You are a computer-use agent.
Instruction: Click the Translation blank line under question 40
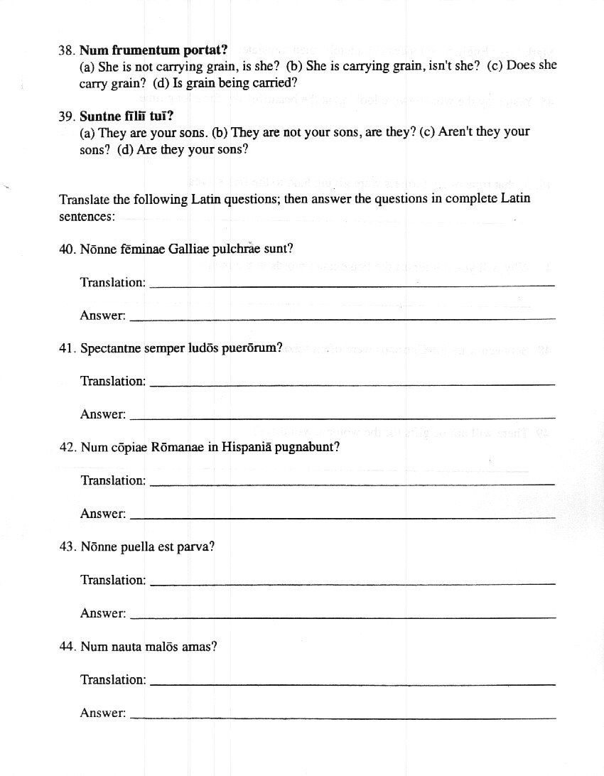click(353, 286)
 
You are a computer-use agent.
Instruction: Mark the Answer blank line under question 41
click(344, 418)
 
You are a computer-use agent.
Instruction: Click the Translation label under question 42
click(112, 480)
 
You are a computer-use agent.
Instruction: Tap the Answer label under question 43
click(103, 613)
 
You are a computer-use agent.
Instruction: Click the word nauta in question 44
click(125, 647)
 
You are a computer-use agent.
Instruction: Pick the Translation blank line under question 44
click(353, 684)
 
